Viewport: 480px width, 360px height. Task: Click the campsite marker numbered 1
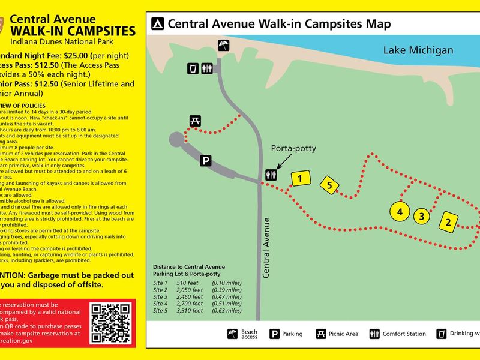pos(301,178)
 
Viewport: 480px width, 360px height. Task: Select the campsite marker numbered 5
pos(329,185)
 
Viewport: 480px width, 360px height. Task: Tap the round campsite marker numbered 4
pos(400,211)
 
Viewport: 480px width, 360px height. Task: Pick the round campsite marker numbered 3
pos(422,216)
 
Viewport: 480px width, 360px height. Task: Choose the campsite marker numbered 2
pos(448,223)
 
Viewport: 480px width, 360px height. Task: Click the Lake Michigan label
pos(418,50)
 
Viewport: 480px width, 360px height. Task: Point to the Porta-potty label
pos(293,149)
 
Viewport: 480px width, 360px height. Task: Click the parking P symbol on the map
pos(206,161)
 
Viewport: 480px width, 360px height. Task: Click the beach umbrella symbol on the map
pos(223,45)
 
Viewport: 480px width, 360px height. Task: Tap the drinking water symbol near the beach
pos(193,68)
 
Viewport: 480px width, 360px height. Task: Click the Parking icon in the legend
pos(274,334)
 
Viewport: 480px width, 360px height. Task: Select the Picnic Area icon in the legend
pos(321,334)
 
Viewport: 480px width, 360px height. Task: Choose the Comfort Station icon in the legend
pos(374,334)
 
